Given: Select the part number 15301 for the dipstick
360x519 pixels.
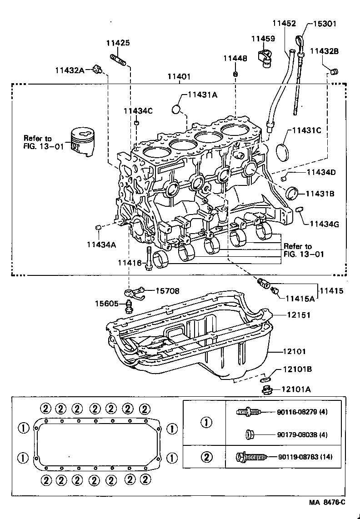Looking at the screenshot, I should tap(324, 24).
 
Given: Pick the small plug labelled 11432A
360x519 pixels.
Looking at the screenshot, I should tap(96, 69).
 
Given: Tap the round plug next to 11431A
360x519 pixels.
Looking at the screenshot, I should tap(177, 109).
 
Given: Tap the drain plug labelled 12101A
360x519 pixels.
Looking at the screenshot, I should tap(267, 389).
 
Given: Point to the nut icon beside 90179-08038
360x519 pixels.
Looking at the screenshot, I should tap(249, 434).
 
